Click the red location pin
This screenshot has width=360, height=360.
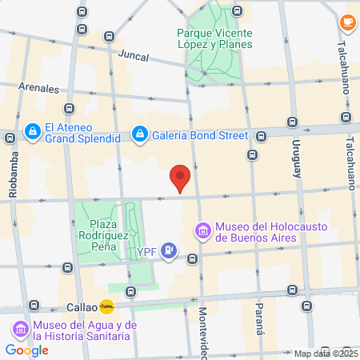pyautogui.click(x=181, y=178)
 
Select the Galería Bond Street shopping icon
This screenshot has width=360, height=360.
pyautogui.click(x=140, y=134)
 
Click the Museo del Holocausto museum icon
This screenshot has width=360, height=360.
pyautogui.click(x=203, y=232)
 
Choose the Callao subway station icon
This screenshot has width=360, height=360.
pyautogui.click(x=106, y=306)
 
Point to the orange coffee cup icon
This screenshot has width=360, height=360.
pyautogui.click(x=347, y=22)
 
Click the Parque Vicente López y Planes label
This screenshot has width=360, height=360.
pyautogui.click(x=214, y=38)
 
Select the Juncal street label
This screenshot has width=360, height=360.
pyautogui.click(x=134, y=56)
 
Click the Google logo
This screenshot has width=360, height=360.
pyautogui.click(x=26, y=350)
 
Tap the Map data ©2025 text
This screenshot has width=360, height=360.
pyautogui.click(x=326, y=354)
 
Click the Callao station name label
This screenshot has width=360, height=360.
pyautogui.click(x=81, y=306)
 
